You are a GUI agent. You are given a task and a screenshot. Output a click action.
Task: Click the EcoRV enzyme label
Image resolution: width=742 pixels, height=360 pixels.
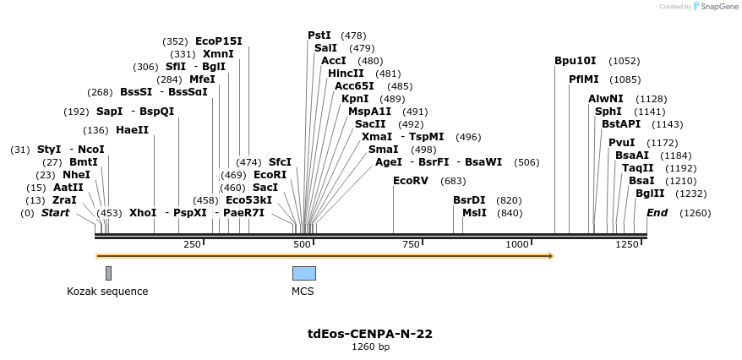pyautogui.click(x=411, y=181)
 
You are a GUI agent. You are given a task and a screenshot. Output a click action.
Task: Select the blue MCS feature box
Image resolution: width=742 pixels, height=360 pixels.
pyautogui.click(x=303, y=273)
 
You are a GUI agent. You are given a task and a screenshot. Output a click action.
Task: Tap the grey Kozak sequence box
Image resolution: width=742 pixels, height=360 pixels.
pyautogui.click(x=108, y=273)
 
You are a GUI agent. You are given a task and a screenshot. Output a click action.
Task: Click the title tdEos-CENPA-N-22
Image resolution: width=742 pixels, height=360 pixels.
pyautogui.click(x=370, y=334)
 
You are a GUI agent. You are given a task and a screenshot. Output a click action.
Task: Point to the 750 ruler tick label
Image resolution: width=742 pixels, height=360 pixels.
pyautogui.click(x=412, y=244)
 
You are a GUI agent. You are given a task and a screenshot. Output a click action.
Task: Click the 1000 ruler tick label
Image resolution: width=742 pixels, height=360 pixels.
pyautogui.click(x=517, y=244)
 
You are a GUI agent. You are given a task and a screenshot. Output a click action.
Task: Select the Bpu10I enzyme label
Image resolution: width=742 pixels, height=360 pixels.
pyautogui.click(x=575, y=61)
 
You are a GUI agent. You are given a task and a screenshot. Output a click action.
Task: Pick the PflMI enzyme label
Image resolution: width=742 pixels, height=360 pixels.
pyautogui.click(x=583, y=79)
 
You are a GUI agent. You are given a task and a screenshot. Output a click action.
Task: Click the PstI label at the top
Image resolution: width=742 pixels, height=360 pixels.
pyautogui.click(x=319, y=35)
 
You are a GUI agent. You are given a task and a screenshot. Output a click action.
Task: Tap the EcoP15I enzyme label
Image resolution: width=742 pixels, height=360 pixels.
pyautogui.click(x=218, y=41)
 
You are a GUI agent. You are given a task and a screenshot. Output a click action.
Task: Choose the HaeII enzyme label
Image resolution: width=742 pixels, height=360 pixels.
pyautogui.click(x=132, y=130)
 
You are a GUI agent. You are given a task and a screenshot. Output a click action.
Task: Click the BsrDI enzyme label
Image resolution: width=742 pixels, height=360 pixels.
pyautogui.click(x=469, y=200)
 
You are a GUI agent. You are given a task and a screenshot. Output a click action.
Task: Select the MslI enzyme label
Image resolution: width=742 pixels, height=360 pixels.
pyautogui.click(x=474, y=213)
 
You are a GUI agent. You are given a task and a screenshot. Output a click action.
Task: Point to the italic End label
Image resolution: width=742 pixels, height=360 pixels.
pyautogui.click(x=657, y=213)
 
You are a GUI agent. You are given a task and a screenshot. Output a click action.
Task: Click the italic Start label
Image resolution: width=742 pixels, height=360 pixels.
pyautogui.click(x=56, y=213)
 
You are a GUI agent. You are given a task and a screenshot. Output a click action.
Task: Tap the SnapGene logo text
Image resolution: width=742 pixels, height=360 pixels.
pyautogui.click(x=718, y=7)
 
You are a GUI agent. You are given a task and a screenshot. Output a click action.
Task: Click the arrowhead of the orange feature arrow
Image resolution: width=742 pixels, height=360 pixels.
pyautogui.click(x=550, y=254)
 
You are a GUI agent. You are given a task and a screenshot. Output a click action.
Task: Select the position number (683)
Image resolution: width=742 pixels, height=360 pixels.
pyautogui.click(x=453, y=181)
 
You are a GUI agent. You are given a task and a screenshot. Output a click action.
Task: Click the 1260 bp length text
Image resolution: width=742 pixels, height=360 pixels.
pyautogui.click(x=370, y=346)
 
